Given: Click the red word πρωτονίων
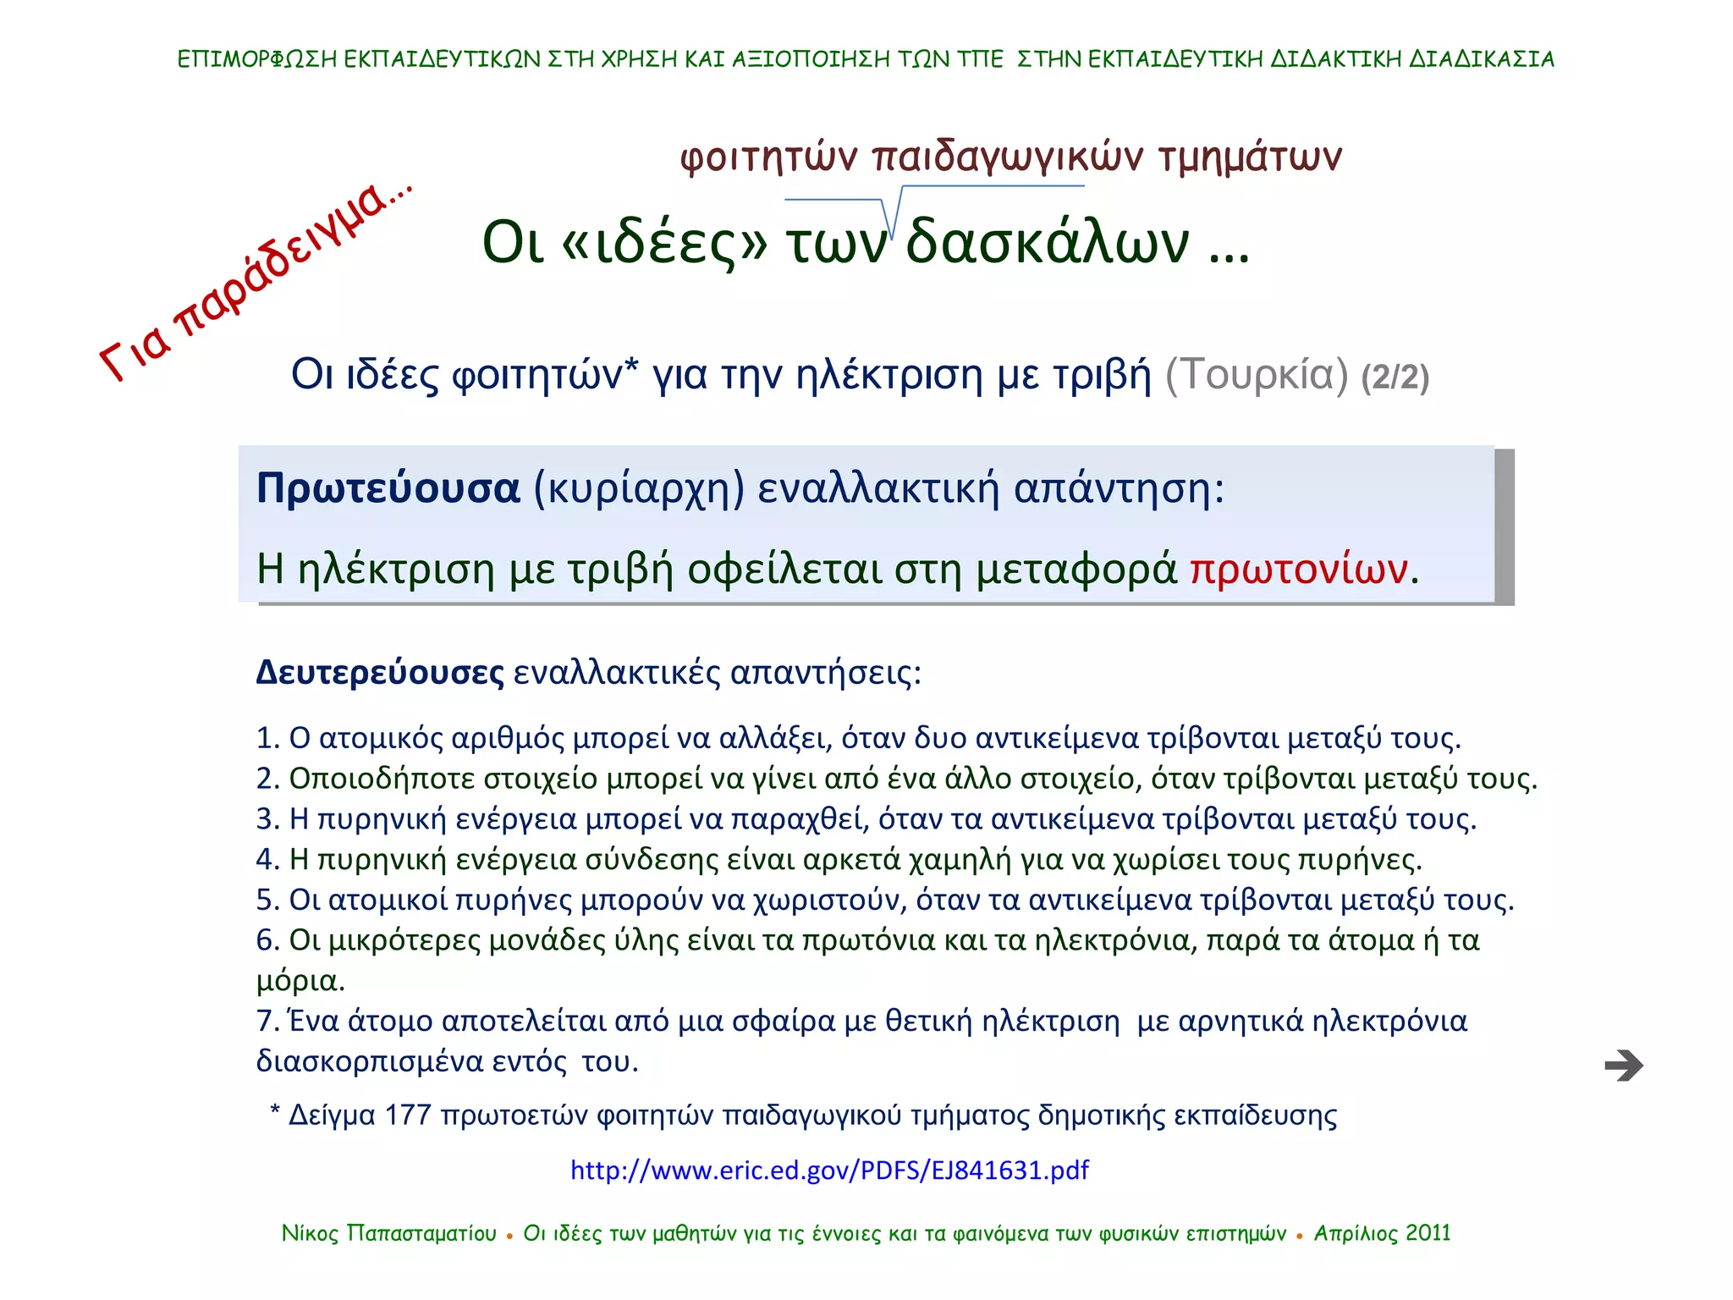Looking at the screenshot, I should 1299,569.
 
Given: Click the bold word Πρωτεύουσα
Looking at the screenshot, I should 388,488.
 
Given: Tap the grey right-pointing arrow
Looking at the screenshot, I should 1623,1066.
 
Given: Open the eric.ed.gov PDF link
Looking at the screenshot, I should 829,1170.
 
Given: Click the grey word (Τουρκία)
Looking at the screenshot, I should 1257,374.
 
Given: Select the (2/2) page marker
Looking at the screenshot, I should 1395,377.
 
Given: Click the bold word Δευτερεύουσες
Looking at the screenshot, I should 380,673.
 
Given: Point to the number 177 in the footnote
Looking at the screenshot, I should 408,1115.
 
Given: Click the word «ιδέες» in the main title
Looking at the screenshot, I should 664,243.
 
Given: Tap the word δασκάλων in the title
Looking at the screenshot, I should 1048,243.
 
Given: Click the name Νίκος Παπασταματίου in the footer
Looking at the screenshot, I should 388,1233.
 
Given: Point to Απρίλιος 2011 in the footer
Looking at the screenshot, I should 1382,1233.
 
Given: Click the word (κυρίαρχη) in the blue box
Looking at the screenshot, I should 639,488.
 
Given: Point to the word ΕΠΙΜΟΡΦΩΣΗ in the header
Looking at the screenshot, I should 257,59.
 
